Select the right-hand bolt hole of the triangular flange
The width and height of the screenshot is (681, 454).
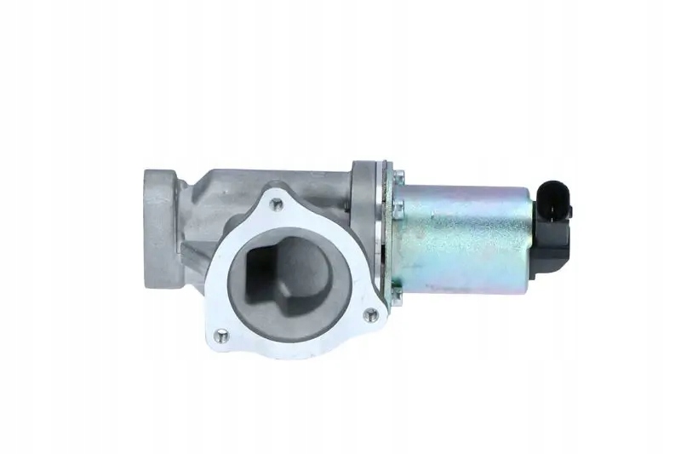pyautogui.click(x=369, y=315)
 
